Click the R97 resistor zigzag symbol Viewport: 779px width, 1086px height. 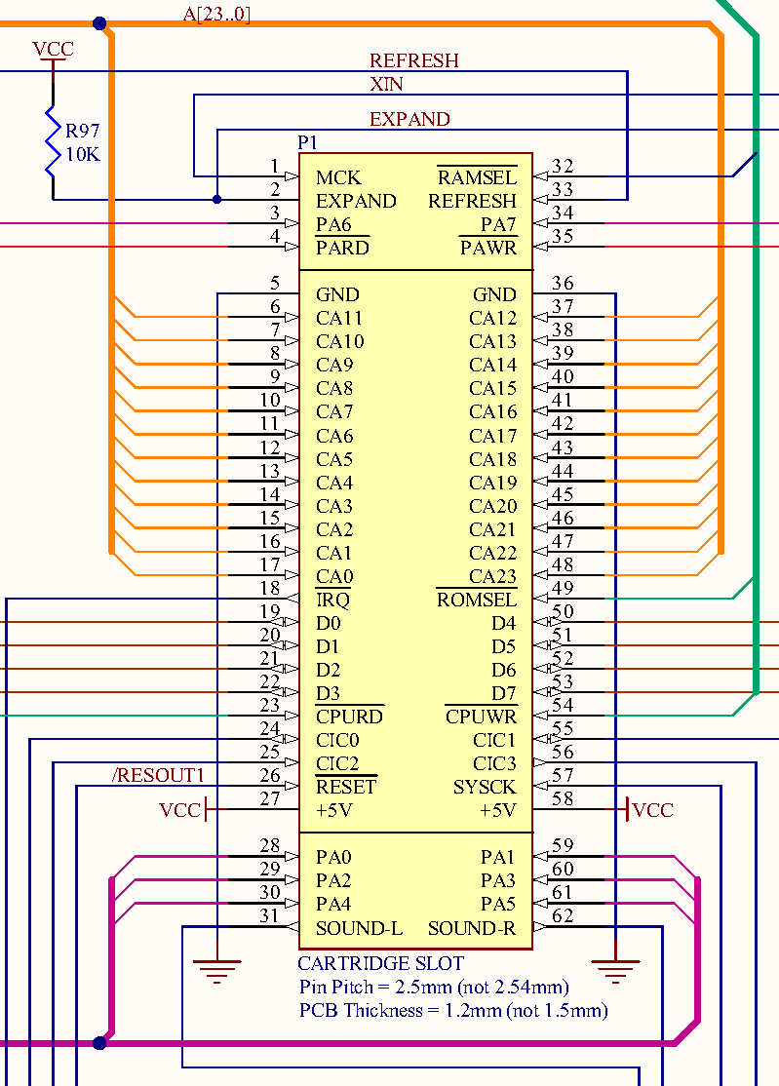tap(54, 142)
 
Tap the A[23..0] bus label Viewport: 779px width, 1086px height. tap(216, 14)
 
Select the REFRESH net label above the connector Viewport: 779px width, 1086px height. tap(414, 61)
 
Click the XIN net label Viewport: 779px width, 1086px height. tap(386, 85)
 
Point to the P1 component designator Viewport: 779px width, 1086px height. tap(307, 142)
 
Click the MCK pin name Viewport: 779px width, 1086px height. tap(338, 178)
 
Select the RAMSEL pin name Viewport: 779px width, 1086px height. tap(477, 177)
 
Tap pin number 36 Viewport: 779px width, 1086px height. tap(563, 283)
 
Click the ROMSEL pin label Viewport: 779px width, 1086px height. tap(477, 600)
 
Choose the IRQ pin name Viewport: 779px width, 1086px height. tap(333, 600)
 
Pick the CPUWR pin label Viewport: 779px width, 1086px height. tap(482, 717)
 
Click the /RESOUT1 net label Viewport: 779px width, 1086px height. tap(159, 775)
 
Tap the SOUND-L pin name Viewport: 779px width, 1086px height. tap(360, 928)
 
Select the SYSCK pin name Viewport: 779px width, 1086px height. tap(485, 787)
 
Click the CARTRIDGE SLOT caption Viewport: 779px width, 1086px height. tap(381, 963)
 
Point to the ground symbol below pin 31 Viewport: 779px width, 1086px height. tap(217, 970)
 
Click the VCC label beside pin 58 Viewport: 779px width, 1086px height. tap(653, 810)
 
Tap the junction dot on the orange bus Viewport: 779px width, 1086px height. tap(99, 24)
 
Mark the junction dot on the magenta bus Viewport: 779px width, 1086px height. tap(99, 1043)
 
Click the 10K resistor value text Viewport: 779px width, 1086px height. tap(83, 154)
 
